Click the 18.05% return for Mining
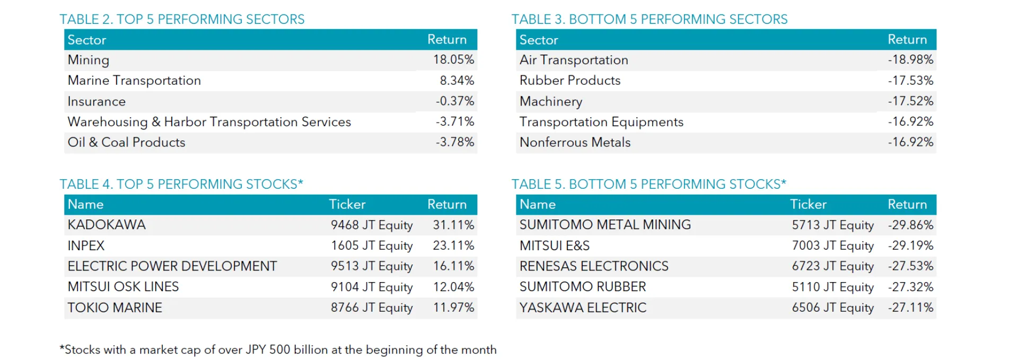[x=453, y=60]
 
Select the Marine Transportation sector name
[x=134, y=81]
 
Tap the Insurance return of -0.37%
[x=454, y=101]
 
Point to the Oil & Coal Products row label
[x=126, y=143]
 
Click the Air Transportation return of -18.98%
[x=910, y=60]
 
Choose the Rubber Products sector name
[x=570, y=81]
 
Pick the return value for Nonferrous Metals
[x=910, y=143]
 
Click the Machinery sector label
[x=551, y=101]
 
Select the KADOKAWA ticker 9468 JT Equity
[x=372, y=225]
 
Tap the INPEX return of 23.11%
[x=453, y=246]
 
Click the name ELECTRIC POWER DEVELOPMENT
[x=172, y=266]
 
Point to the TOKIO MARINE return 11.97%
[x=453, y=308]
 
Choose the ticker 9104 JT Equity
[x=372, y=287]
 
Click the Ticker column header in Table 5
[x=808, y=205]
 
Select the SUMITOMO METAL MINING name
[x=605, y=225]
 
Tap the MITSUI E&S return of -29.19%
[x=910, y=246]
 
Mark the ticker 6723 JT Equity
[x=832, y=266]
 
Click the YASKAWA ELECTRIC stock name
[x=583, y=308]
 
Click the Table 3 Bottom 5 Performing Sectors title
[x=649, y=20]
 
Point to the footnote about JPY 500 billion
[x=278, y=350]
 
